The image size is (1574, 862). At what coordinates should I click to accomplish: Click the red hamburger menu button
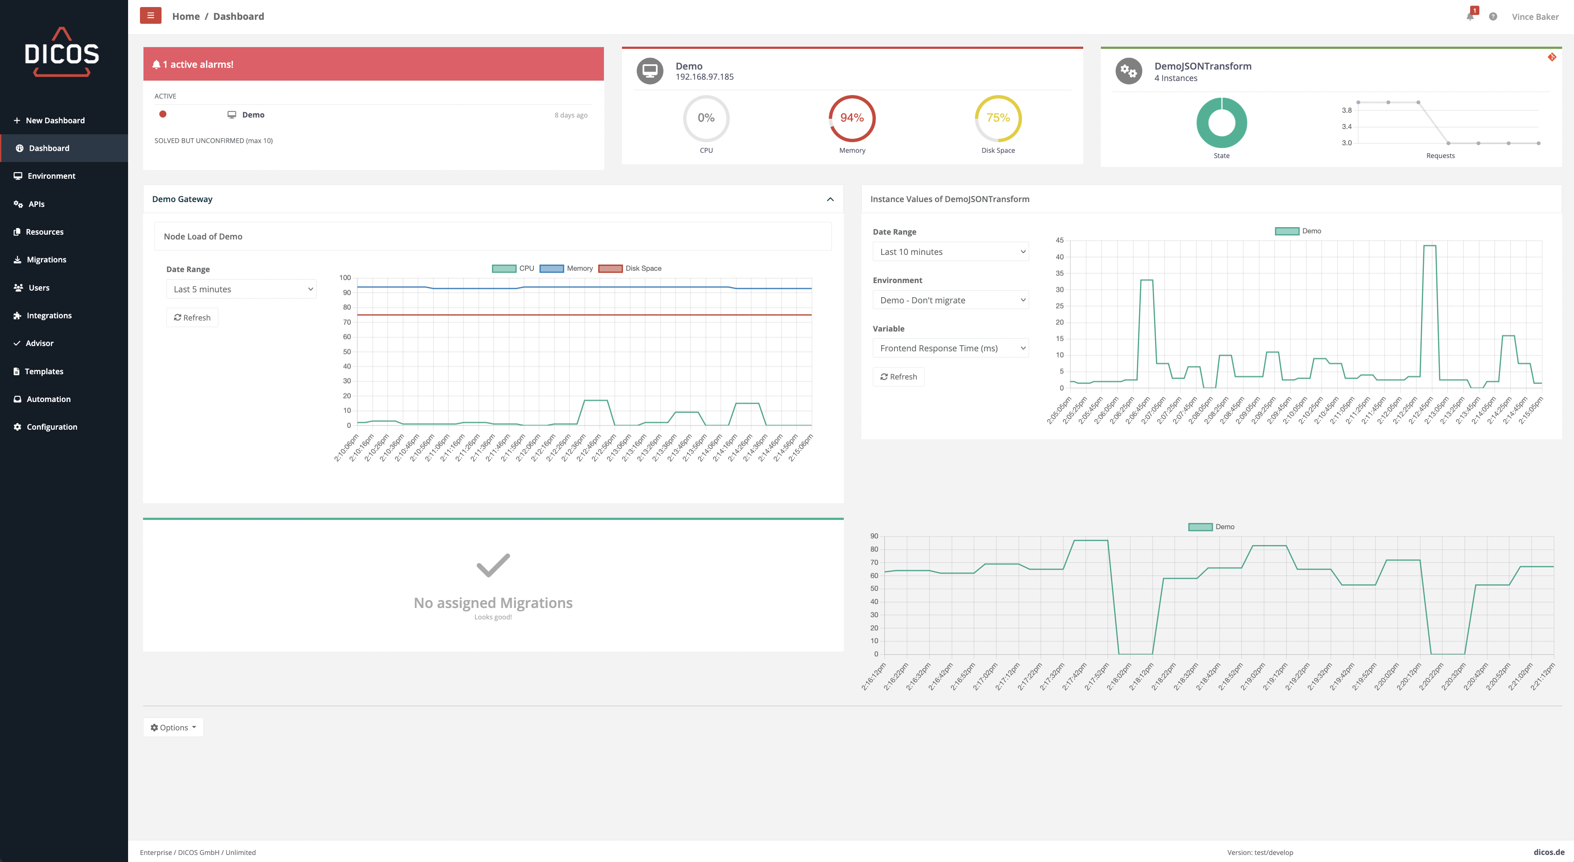150,16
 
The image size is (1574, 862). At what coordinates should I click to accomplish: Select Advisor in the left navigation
39,343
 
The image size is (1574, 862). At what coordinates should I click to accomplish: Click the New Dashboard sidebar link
55,121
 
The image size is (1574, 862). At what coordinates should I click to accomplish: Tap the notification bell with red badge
1470,16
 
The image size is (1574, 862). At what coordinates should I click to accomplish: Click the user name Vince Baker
1534,16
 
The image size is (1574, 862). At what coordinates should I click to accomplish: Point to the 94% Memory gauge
852,118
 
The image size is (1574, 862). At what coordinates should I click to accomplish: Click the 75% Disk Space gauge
998,118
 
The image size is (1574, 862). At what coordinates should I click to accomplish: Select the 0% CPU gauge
706,118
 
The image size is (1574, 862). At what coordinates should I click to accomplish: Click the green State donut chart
1221,123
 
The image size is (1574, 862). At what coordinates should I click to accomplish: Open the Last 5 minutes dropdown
241,289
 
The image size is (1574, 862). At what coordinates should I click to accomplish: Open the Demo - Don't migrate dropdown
950,300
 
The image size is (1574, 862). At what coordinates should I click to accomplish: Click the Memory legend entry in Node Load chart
566,269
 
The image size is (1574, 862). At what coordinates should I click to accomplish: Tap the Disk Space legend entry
630,269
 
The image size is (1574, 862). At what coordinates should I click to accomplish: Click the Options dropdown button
173,727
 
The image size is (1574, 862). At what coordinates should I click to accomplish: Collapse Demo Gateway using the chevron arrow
830,199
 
